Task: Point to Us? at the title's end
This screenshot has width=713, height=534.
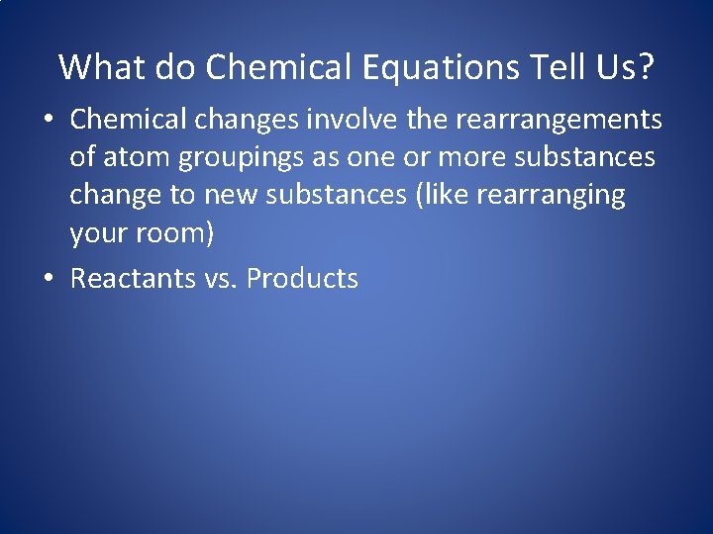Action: (x=631, y=67)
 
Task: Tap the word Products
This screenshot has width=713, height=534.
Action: (x=302, y=278)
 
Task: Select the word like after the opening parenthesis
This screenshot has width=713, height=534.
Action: (x=446, y=196)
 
